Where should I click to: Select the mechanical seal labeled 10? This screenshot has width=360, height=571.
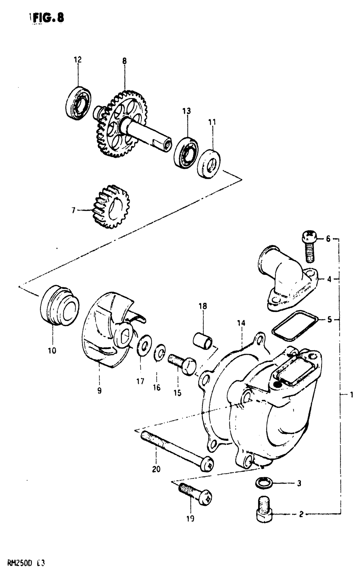click(59, 305)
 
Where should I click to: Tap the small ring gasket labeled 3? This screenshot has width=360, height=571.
click(264, 483)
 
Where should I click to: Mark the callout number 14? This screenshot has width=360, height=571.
click(241, 323)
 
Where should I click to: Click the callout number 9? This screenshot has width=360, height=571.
click(99, 391)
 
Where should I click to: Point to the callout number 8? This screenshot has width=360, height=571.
click(125, 61)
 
